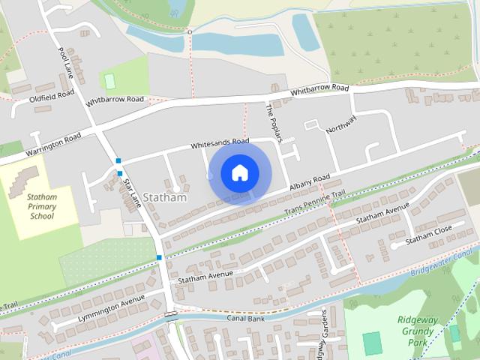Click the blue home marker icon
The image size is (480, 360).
pyautogui.click(x=239, y=172)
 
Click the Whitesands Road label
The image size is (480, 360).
pyautogui.click(x=220, y=142)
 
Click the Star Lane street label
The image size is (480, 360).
pyautogui.click(x=133, y=192)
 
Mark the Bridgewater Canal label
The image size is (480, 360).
pyautogui.click(x=453, y=262)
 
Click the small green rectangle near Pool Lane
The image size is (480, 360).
pyautogui.click(x=110, y=79)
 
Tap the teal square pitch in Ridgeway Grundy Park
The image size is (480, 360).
pyautogui.click(x=372, y=343)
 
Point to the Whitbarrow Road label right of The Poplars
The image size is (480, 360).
pyautogui.click(x=320, y=89)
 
